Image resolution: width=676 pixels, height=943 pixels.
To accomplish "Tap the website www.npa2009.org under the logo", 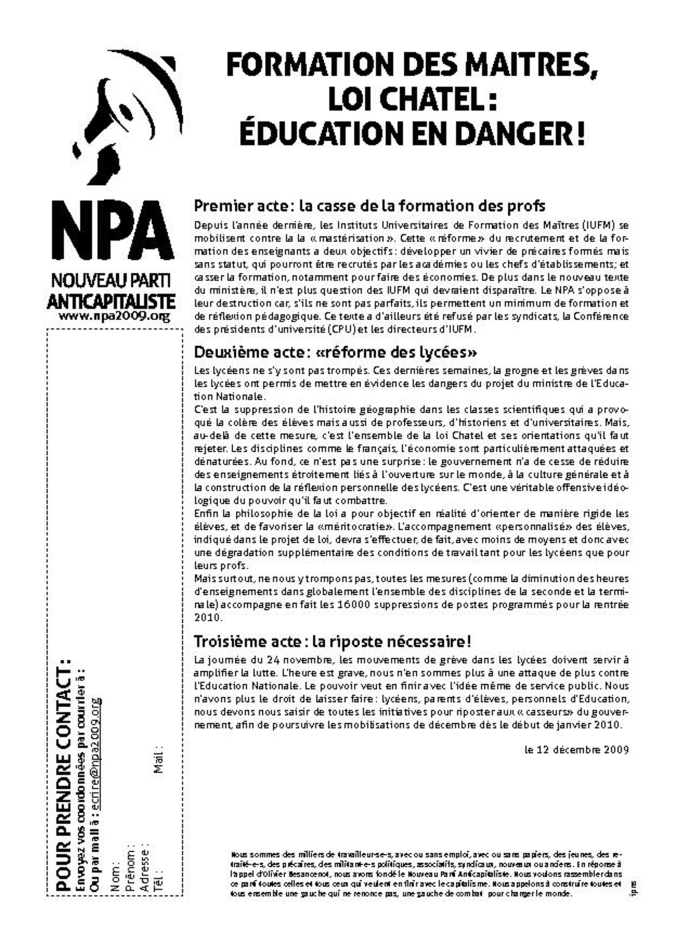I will point(114,316).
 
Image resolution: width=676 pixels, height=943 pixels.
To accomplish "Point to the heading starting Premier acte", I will point(369,206).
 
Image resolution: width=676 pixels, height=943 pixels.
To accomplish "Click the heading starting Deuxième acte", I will point(335,352).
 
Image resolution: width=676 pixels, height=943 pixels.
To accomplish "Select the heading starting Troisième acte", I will point(332,641).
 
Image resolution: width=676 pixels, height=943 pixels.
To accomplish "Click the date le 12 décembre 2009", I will point(577,750).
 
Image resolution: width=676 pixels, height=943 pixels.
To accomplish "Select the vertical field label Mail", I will point(159,759).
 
